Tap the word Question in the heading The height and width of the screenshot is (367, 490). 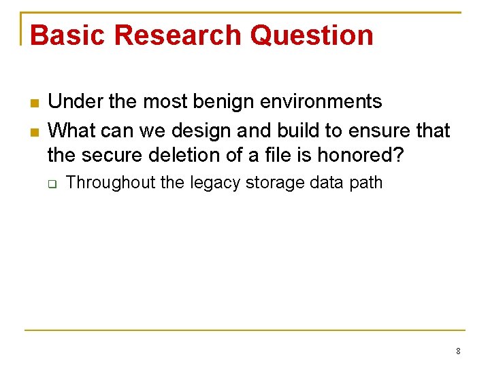[312, 35]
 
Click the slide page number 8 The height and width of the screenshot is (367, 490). [458, 351]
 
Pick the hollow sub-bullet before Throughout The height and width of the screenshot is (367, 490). [52, 184]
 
